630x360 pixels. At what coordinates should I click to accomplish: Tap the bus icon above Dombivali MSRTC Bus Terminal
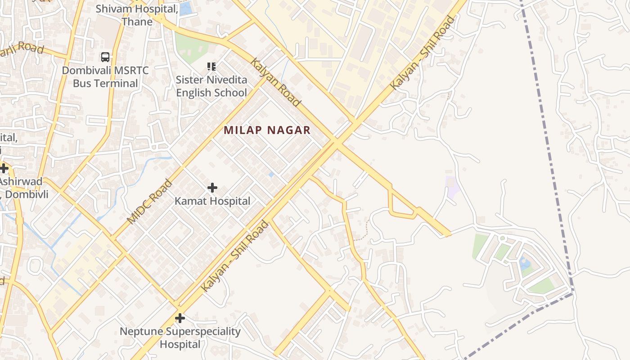pos(105,57)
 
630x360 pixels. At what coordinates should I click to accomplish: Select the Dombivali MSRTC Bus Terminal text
pos(105,77)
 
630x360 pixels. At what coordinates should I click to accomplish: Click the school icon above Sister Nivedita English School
pos(211,67)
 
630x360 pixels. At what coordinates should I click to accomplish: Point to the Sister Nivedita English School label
pos(211,86)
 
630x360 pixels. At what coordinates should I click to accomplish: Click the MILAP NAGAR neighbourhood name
pos(267,130)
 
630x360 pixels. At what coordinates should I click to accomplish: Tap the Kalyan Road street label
pos(276,82)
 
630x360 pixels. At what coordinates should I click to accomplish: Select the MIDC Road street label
pos(149,202)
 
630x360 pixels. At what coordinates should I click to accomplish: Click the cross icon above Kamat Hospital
pos(212,188)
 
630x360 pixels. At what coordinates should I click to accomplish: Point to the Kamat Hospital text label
pos(212,201)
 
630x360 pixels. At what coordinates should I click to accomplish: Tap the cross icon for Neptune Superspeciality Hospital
pos(180,319)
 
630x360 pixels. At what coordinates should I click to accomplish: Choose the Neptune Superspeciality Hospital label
pos(180,338)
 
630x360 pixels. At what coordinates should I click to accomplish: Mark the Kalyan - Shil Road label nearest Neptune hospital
pos(234,256)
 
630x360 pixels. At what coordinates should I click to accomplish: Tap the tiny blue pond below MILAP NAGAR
pos(271,174)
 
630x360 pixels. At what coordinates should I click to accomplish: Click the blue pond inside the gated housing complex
pos(525,263)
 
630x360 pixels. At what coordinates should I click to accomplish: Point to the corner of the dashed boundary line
pos(573,293)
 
